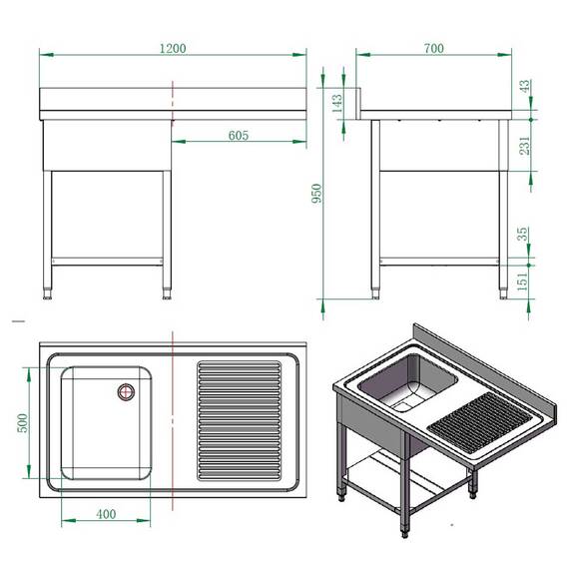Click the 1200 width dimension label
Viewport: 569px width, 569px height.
click(x=173, y=48)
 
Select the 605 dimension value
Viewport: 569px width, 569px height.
click(x=238, y=135)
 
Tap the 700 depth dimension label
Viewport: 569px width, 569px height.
click(x=433, y=48)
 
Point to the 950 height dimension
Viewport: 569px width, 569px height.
click(x=317, y=194)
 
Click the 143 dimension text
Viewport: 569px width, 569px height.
click(x=336, y=102)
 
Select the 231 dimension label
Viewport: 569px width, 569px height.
click(x=526, y=146)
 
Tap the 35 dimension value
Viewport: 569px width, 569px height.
click(x=526, y=236)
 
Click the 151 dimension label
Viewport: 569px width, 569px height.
click(x=526, y=281)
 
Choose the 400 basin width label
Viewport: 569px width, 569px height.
click(x=106, y=514)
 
